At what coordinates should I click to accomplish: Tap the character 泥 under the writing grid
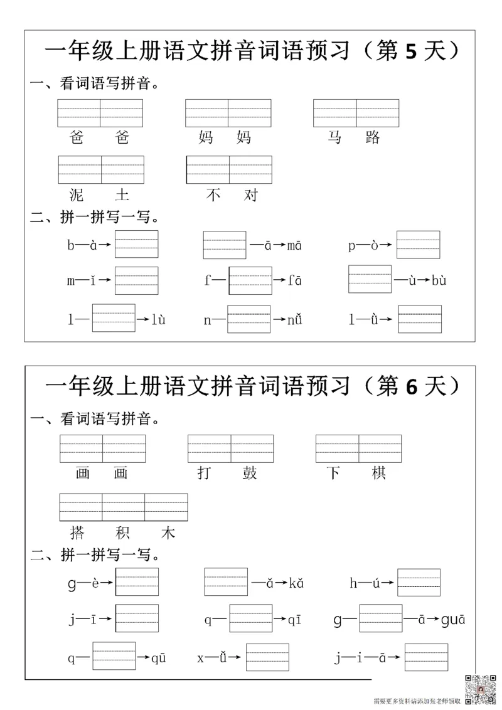(x=78, y=195)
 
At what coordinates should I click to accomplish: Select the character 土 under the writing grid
(x=122, y=195)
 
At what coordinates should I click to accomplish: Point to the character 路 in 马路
(x=372, y=137)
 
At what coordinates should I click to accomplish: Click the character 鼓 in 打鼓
(x=250, y=473)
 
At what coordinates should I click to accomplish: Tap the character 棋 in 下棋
(x=378, y=473)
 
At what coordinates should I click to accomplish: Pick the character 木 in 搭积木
(x=168, y=533)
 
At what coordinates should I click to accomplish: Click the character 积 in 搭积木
(x=123, y=533)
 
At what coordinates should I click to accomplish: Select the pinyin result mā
(x=294, y=245)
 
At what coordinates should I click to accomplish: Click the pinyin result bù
(x=439, y=280)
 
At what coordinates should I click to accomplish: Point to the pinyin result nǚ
(x=295, y=320)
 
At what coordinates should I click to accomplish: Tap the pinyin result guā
(x=452, y=620)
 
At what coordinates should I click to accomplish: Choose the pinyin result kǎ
(x=296, y=583)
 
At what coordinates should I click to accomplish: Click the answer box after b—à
(x=137, y=245)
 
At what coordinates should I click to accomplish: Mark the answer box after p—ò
(x=419, y=245)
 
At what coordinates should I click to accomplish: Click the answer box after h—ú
(x=419, y=582)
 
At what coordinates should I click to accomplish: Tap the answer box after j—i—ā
(x=427, y=657)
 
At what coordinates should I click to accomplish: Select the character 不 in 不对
(x=214, y=195)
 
